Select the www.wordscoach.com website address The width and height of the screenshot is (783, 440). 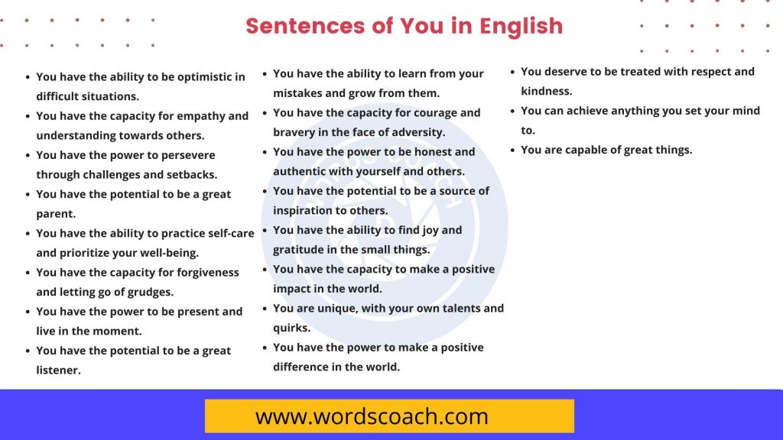click(372, 416)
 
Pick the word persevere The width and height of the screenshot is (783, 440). click(189, 155)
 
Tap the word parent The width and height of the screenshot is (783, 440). click(55, 214)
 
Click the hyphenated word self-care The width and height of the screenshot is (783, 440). click(226, 233)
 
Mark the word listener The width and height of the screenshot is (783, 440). click(58, 370)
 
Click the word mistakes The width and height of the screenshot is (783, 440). click(299, 93)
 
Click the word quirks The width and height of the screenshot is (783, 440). click(291, 328)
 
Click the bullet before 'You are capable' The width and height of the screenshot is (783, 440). click(514, 150)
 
